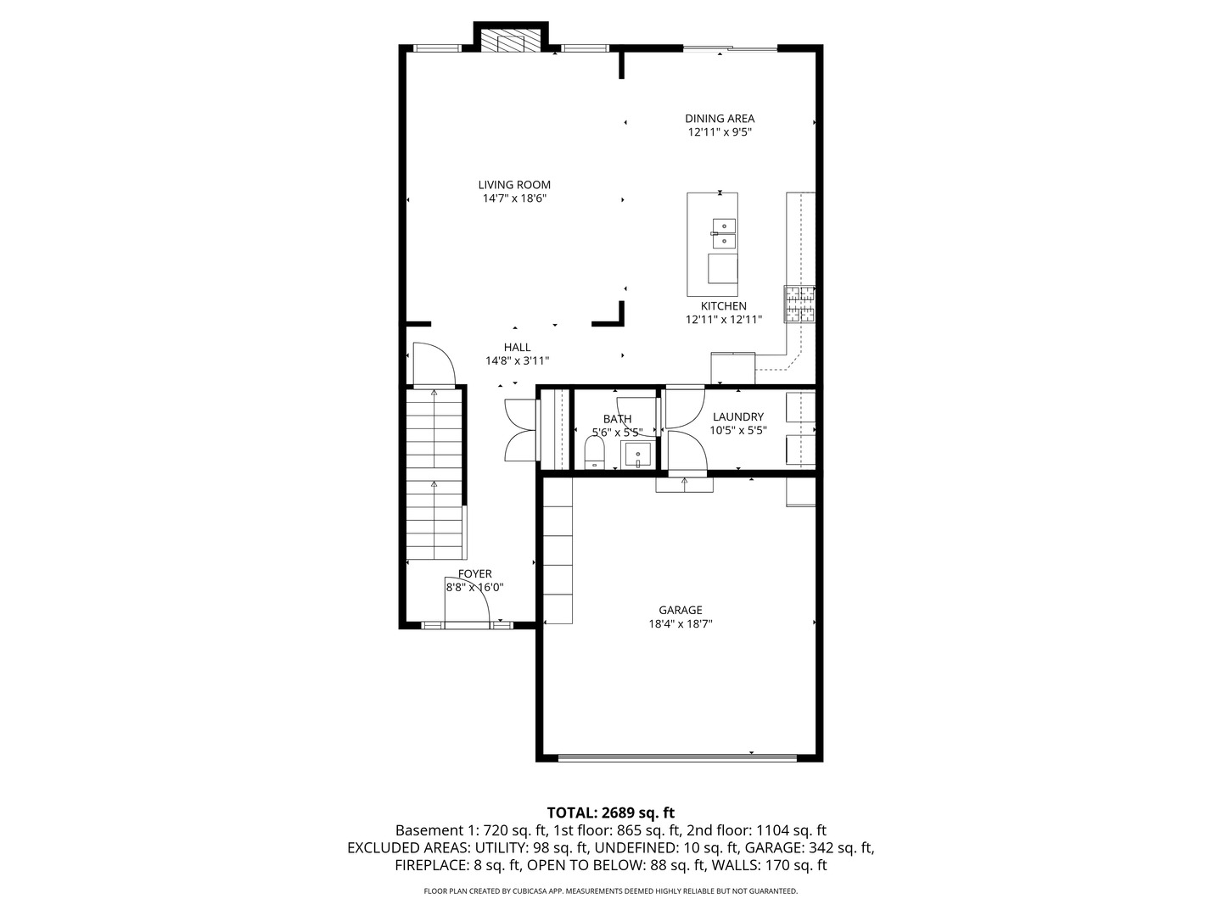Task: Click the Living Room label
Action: click(x=513, y=185)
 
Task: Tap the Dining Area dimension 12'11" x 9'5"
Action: click(x=720, y=132)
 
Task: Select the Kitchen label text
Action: click(x=723, y=306)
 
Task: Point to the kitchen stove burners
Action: click(x=799, y=304)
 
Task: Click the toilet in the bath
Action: click(x=594, y=453)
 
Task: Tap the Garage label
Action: click(x=680, y=610)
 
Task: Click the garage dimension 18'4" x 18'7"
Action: click(x=680, y=624)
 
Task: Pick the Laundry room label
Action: click(x=737, y=416)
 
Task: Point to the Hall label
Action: click(x=517, y=347)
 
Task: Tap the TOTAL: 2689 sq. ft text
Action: click(x=610, y=813)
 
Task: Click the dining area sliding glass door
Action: click(x=730, y=48)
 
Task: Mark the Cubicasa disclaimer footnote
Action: click(x=610, y=891)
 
